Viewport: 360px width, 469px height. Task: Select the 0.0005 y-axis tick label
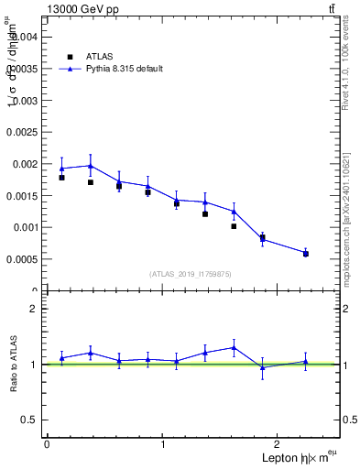pos(22,259)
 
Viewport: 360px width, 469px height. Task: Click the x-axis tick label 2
pos(279,444)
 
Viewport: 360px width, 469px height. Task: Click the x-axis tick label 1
pos(163,444)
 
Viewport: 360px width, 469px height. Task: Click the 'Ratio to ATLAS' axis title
pos(13,365)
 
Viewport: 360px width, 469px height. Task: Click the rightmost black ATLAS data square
pos(306,254)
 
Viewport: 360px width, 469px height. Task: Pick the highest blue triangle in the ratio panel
pos(234,347)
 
